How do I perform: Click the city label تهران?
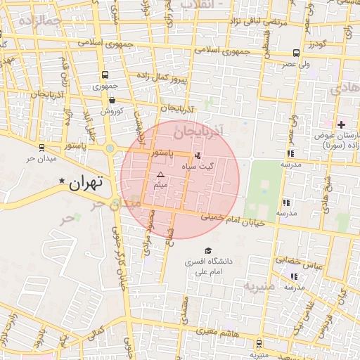coord(86,182)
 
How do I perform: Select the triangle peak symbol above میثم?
coord(160,174)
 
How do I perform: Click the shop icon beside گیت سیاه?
coord(197,155)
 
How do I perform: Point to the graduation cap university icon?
coord(207,250)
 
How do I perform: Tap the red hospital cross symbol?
coord(341,124)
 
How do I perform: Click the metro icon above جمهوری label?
coord(105,75)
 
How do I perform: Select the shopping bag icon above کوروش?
coord(112,101)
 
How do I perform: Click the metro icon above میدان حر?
coord(42,147)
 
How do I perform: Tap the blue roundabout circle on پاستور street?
coord(110,148)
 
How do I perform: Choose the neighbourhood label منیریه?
coord(259,287)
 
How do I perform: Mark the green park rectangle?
coord(264,188)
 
